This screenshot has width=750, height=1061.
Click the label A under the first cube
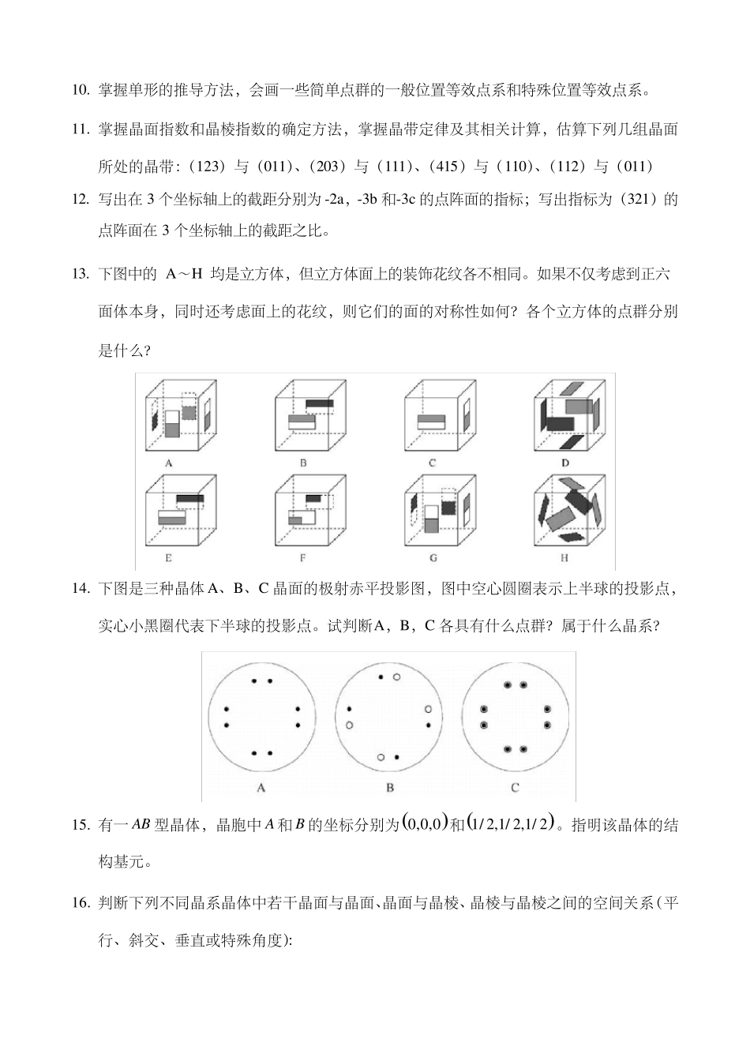(168, 463)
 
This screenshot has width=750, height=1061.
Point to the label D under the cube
(565, 463)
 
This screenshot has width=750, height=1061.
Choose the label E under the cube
(168, 557)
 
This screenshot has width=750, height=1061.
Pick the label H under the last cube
(565, 557)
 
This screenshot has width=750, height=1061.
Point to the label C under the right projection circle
(515, 787)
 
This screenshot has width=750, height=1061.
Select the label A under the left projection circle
(261, 787)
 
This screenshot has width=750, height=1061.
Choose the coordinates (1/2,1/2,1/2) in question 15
(511, 823)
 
